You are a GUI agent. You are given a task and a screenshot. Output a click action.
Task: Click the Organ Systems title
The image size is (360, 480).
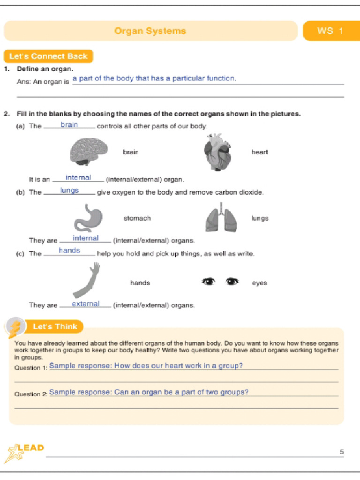pyautogui.click(x=150, y=31)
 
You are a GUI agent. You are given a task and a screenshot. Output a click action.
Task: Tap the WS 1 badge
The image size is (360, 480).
pyautogui.click(x=330, y=31)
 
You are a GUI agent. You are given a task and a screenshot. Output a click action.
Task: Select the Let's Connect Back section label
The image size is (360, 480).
pyautogui.click(x=48, y=56)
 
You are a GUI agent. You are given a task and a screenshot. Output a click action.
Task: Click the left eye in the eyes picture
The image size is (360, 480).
pyautogui.click(x=208, y=281)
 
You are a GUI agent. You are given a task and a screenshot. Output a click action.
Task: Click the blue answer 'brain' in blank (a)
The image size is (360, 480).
pyautogui.click(x=69, y=125)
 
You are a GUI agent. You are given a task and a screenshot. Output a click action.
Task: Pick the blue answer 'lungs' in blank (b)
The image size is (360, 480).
pyautogui.click(x=69, y=191)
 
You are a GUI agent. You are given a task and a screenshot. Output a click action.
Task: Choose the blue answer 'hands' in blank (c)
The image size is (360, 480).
pyautogui.click(x=69, y=251)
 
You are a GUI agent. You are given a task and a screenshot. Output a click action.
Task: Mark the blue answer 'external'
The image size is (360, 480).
pyautogui.click(x=85, y=304)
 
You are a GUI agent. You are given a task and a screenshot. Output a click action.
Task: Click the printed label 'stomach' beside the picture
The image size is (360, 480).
pyautogui.click(x=137, y=218)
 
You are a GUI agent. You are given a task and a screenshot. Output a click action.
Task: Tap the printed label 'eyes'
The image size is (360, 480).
pyautogui.click(x=259, y=283)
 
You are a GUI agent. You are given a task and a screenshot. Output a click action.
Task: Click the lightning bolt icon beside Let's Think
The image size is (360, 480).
pyautogui.click(x=15, y=327)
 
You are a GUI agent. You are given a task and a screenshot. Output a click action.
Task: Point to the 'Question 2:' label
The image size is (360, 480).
pyautogui.click(x=31, y=394)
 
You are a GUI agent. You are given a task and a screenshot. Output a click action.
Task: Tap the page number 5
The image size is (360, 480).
pyautogui.click(x=342, y=452)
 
